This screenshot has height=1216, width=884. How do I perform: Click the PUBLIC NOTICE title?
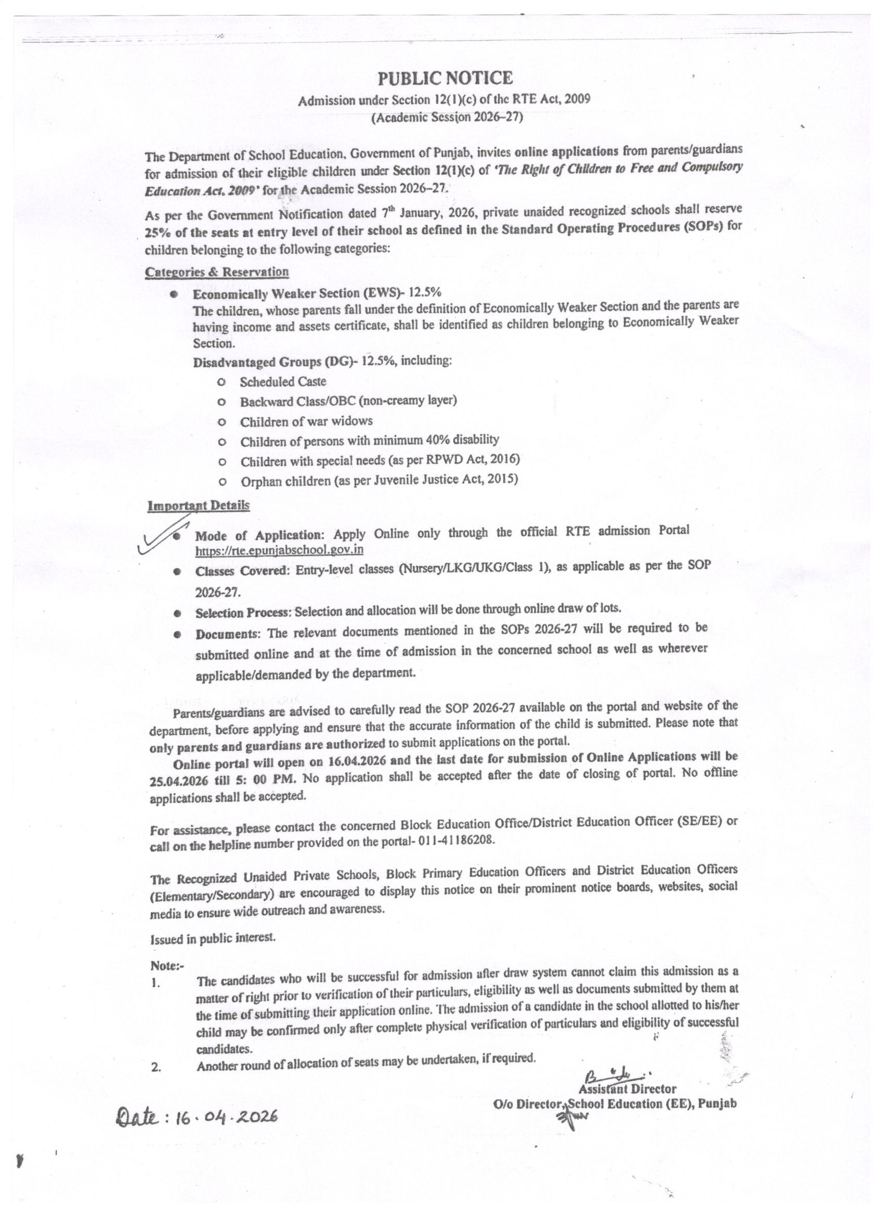coord(445,79)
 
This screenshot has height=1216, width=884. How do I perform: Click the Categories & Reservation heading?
coord(216,272)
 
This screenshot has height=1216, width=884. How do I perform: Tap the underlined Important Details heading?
coord(198,506)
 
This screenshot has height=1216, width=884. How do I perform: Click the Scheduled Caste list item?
coord(282,382)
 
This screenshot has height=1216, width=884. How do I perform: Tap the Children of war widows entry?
coord(306,421)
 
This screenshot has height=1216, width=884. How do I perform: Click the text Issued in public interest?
coord(213,938)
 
